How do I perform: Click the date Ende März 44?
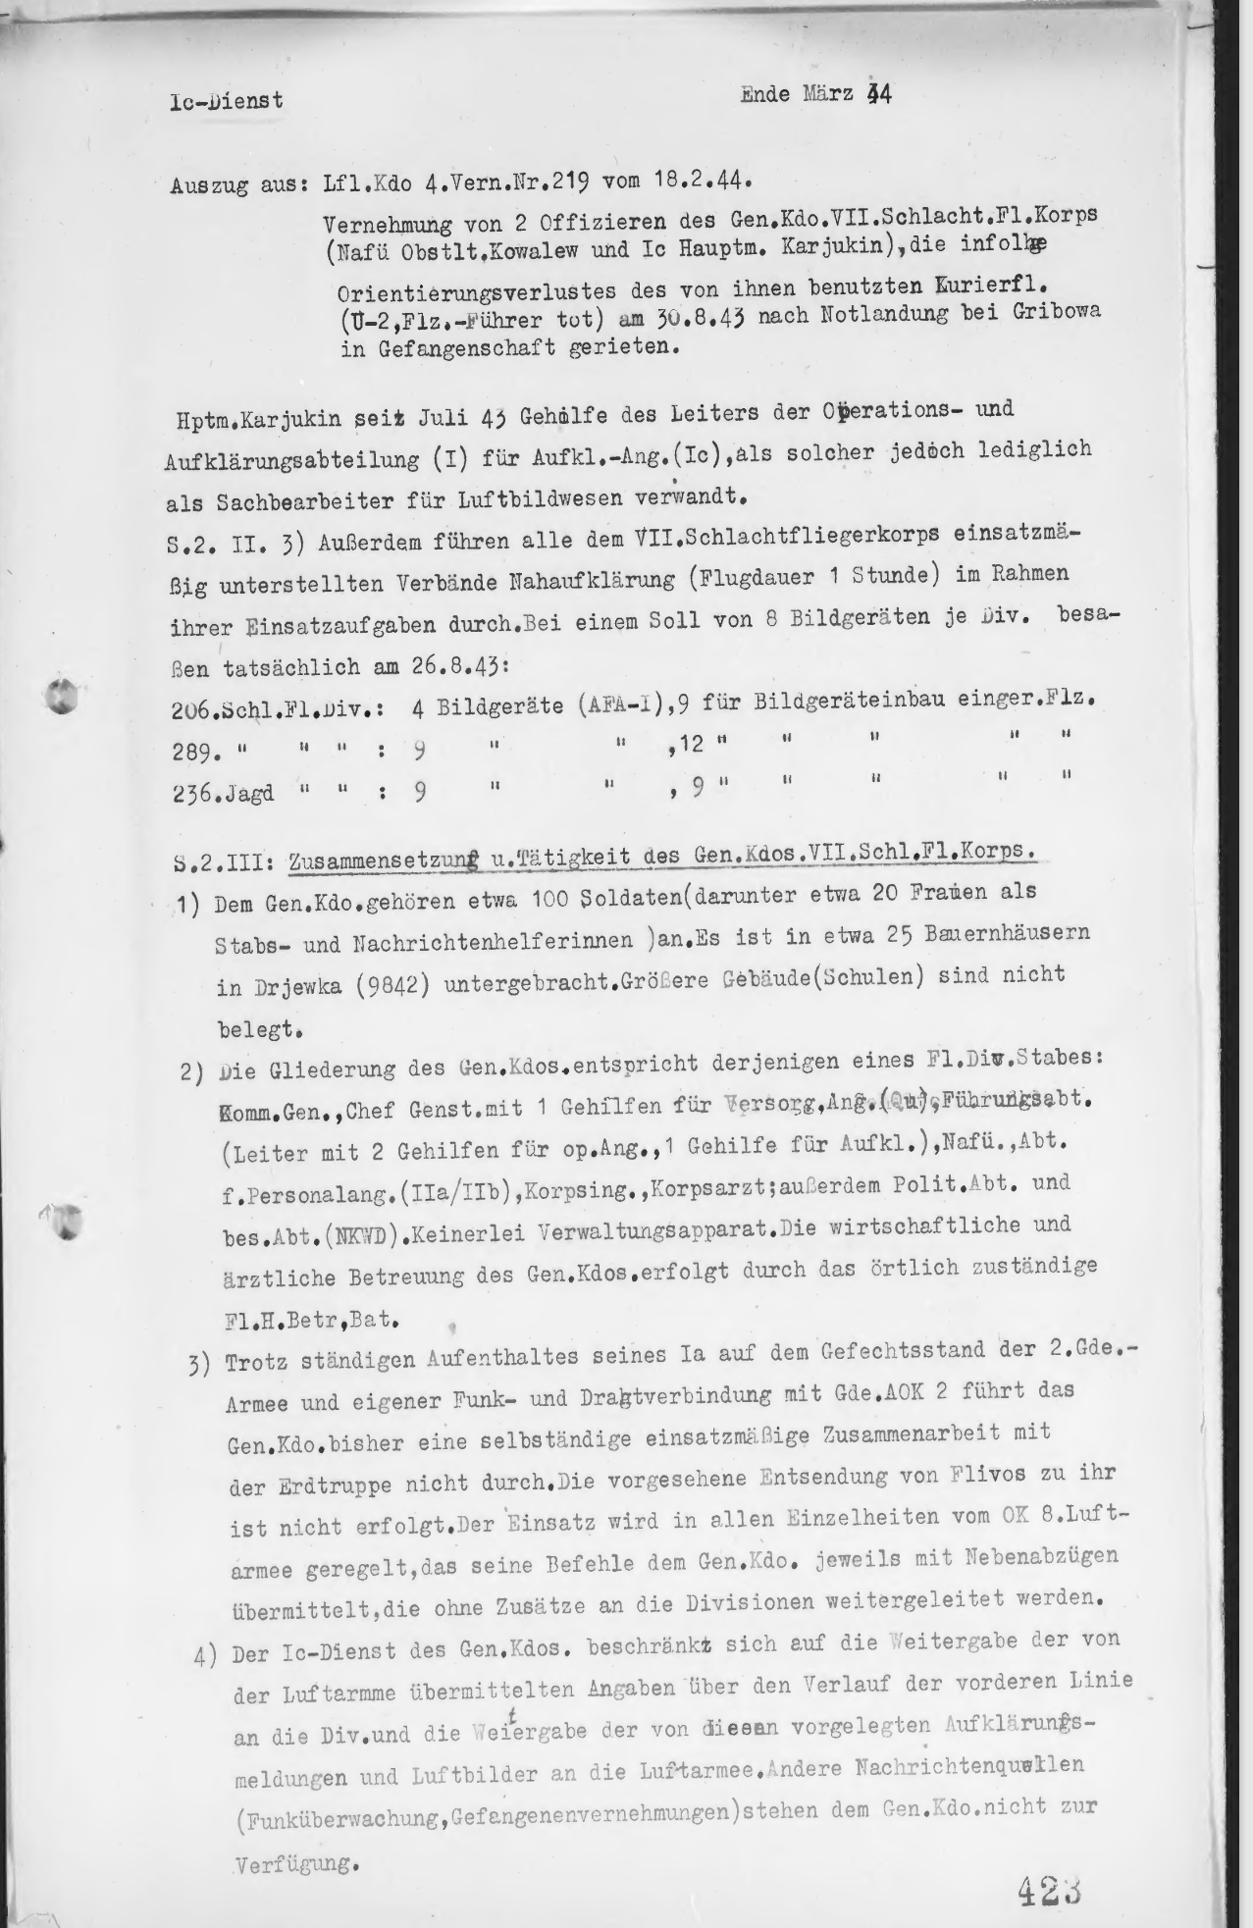click(x=815, y=95)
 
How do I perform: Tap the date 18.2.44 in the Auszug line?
click(x=704, y=180)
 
